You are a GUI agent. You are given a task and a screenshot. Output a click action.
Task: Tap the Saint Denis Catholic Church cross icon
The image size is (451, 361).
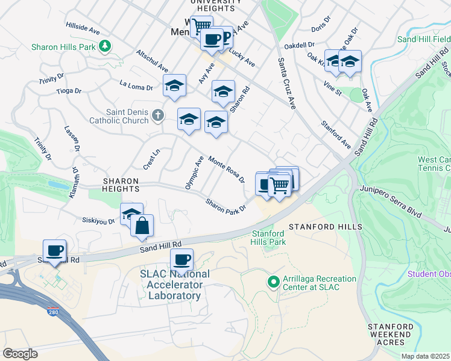(157, 114)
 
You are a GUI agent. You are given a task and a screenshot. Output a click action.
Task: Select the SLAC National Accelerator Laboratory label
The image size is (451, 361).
(175, 285)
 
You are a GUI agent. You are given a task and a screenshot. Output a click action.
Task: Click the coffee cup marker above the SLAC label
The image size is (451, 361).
(181, 260)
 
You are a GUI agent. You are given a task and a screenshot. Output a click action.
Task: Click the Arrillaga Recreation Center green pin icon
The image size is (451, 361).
(273, 281)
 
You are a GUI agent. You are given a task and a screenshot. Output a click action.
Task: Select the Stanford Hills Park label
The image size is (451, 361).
(268, 238)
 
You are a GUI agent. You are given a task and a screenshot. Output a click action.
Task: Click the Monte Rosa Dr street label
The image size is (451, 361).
(227, 170)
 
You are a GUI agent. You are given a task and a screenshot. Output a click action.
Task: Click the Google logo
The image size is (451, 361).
(20, 354)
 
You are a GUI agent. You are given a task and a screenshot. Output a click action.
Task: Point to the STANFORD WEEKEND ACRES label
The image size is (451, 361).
(391, 334)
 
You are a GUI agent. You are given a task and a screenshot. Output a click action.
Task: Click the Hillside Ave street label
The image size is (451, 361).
(83, 28)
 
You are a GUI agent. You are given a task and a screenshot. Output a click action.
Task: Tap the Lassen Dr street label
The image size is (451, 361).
(72, 139)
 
